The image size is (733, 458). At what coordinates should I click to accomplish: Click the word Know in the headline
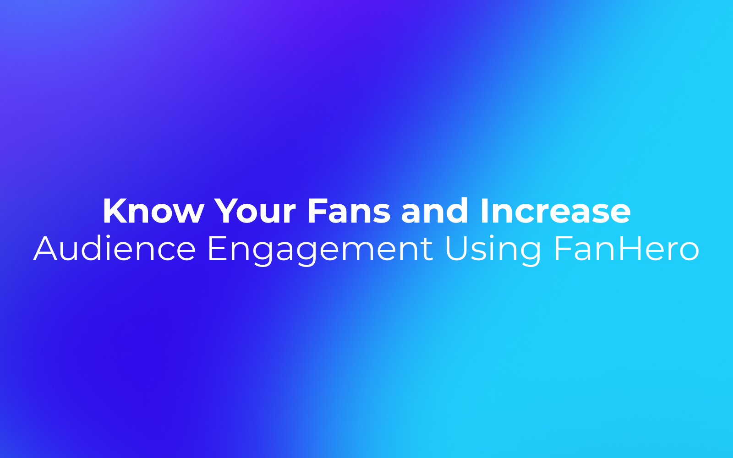tap(153, 211)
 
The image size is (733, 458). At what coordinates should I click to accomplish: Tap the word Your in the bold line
tap(256, 211)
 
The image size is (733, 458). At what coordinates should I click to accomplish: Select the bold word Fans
tap(349, 211)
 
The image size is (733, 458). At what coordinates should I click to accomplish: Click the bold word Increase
tap(556, 211)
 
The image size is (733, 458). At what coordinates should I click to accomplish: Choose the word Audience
tap(115, 248)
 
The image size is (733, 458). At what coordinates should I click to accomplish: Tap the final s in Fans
tap(382, 214)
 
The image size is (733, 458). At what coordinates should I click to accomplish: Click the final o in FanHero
tap(689, 252)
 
